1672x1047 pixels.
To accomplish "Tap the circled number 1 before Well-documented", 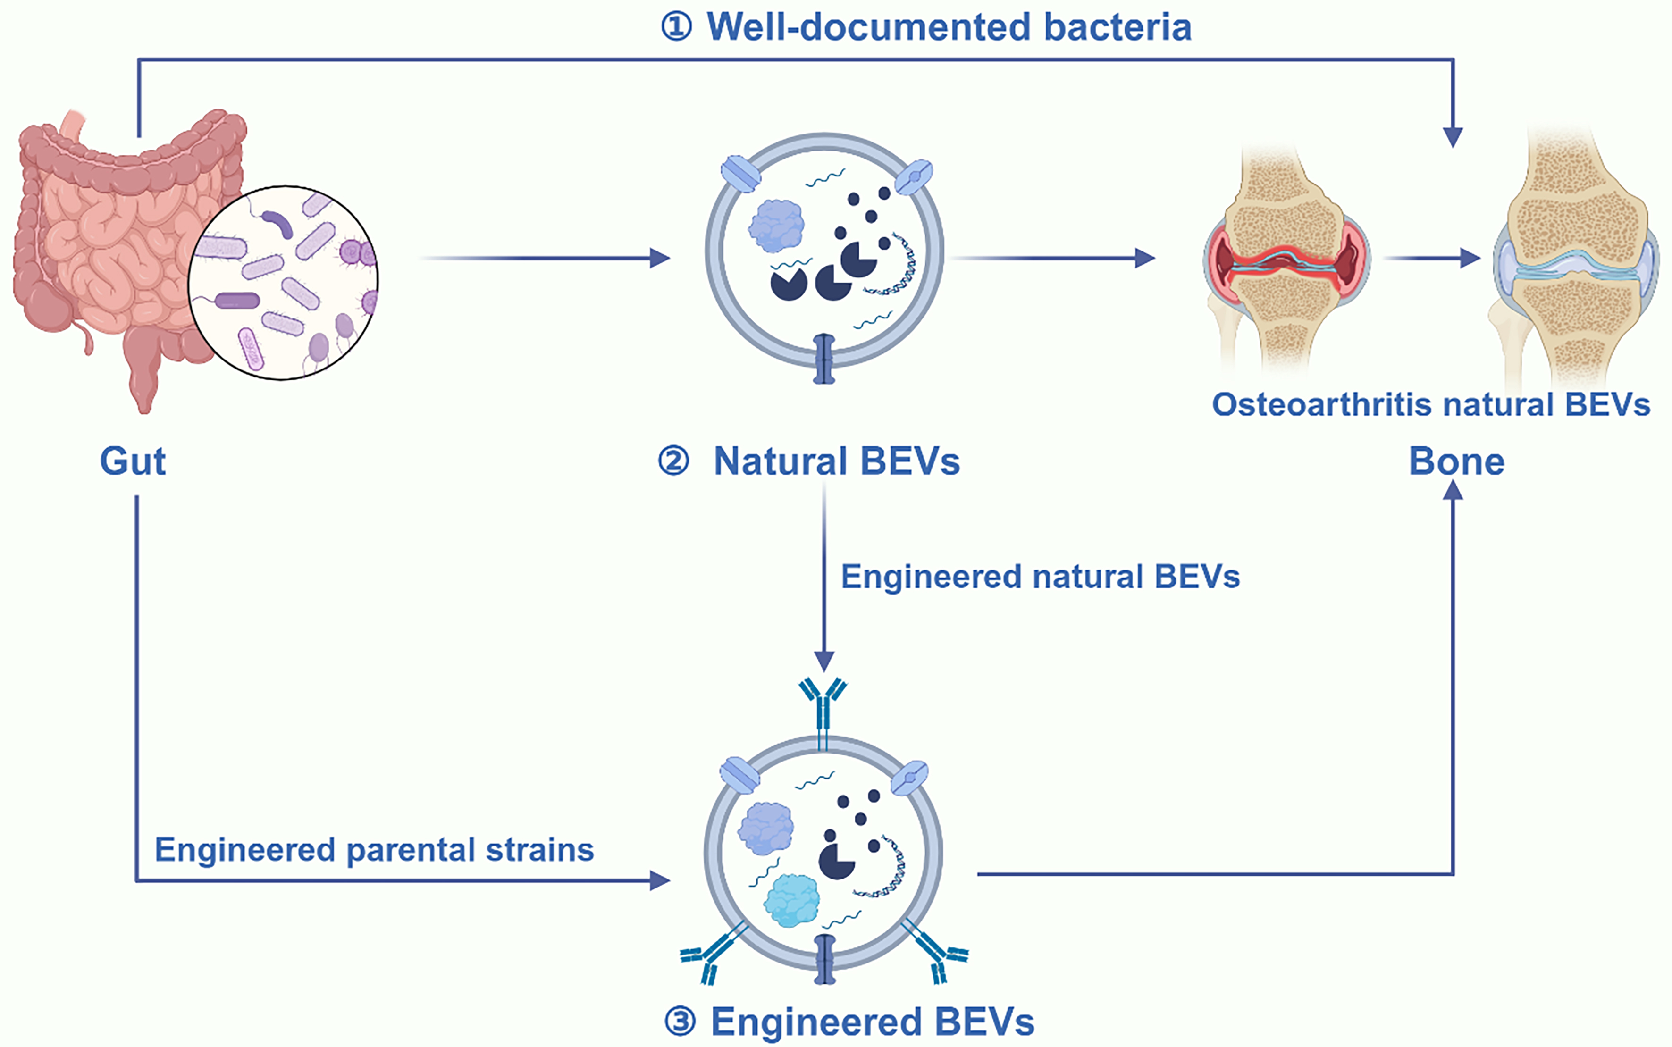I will [x=676, y=28].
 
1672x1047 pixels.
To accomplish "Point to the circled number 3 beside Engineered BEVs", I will [x=680, y=1022].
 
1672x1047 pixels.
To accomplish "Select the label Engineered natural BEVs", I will [x=1040, y=577].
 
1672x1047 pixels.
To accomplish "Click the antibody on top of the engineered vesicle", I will [x=823, y=706].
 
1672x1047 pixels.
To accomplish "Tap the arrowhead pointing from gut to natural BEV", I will [x=660, y=258].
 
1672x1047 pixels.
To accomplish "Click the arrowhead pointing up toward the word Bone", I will [x=1453, y=490].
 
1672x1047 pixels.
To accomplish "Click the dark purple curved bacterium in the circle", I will [x=277, y=224].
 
